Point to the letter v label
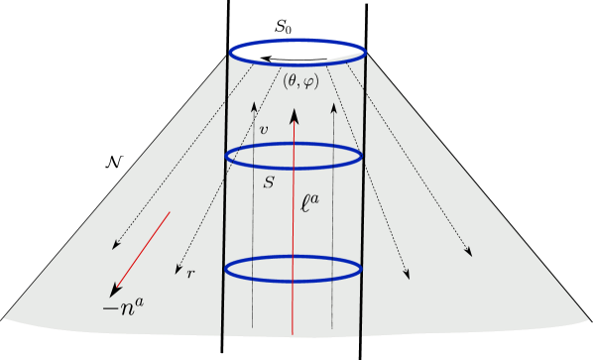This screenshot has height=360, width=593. (263, 130)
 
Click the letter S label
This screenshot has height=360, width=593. (269, 182)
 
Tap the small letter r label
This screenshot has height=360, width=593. (190, 272)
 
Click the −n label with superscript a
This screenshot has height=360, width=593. (124, 307)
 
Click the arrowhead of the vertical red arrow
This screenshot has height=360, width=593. (294, 114)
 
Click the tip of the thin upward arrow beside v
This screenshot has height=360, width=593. (254, 102)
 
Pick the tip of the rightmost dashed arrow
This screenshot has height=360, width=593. (470, 255)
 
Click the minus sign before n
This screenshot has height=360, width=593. (108, 309)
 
